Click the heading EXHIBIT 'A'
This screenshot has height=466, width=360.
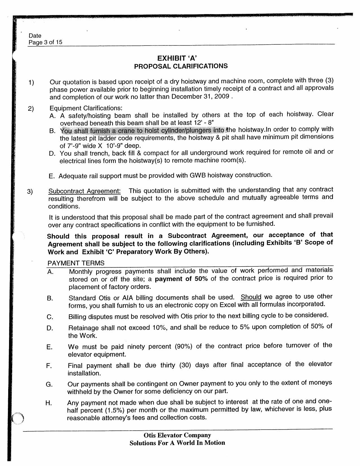click(x=177, y=58)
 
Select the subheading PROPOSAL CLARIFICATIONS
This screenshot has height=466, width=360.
click(x=181, y=66)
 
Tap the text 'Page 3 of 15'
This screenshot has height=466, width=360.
click(x=45, y=42)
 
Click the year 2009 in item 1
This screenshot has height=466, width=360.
click(x=222, y=96)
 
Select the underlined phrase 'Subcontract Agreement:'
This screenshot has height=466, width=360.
click(x=84, y=191)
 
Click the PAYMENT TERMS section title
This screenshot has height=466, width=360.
click(x=76, y=263)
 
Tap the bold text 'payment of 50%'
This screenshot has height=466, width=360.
click(x=181, y=279)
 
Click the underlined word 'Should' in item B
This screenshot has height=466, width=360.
click(x=251, y=297)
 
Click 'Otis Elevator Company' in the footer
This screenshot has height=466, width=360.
click(x=177, y=435)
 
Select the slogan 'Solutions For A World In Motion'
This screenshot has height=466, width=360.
click(x=177, y=443)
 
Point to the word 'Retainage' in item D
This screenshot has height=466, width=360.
click(x=83, y=328)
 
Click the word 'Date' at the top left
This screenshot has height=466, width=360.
click(x=35, y=36)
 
